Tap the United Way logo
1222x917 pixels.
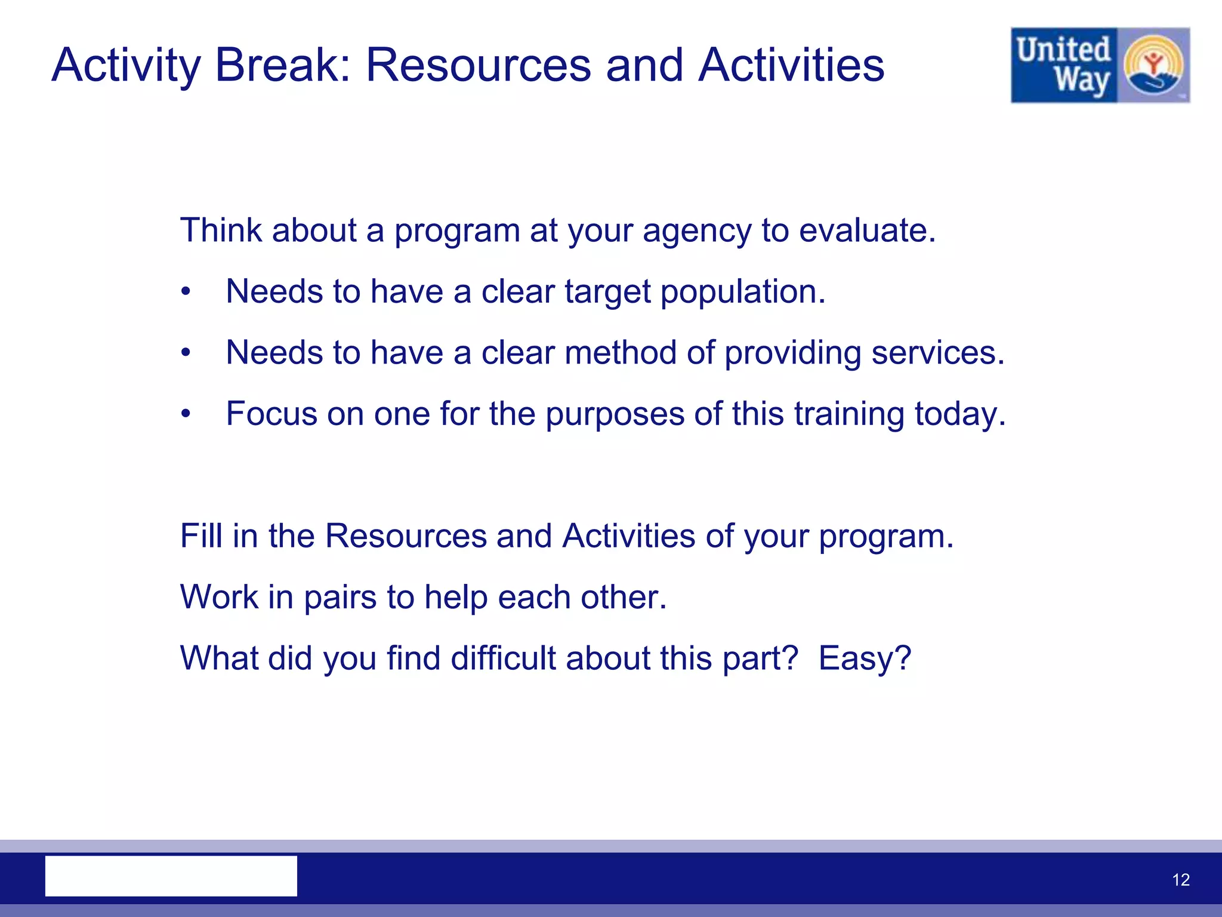[1100, 65]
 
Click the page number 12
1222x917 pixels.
[1180, 880]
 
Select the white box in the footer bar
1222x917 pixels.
[171, 876]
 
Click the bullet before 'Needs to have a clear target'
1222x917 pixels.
[186, 292]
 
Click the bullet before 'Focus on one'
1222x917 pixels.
[186, 414]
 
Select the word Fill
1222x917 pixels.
[201, 536]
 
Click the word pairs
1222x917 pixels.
[340, 597]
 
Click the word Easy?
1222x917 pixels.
[865, 658]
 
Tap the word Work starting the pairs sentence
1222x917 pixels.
[219, 596]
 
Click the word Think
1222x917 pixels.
[221, 230]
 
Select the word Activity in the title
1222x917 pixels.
[126, 65]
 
